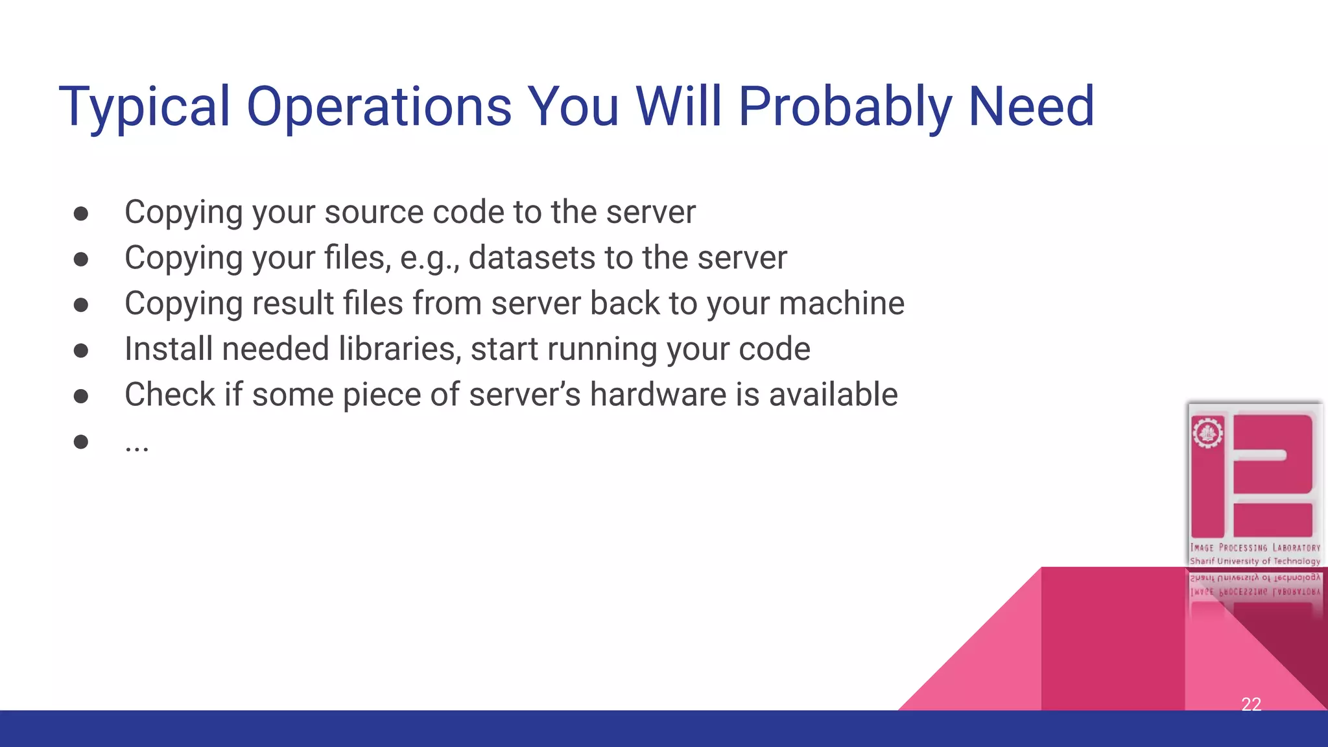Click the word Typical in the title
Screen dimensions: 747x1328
144,107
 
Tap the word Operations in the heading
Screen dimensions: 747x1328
379,107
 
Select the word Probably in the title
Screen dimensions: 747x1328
845,107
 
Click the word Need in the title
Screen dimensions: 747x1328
1031,107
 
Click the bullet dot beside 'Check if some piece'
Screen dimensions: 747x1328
81,396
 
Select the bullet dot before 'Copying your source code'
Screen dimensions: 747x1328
81,214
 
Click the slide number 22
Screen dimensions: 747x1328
1251,704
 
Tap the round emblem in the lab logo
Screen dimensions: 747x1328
1207,433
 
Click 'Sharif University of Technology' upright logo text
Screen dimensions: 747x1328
1255,562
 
